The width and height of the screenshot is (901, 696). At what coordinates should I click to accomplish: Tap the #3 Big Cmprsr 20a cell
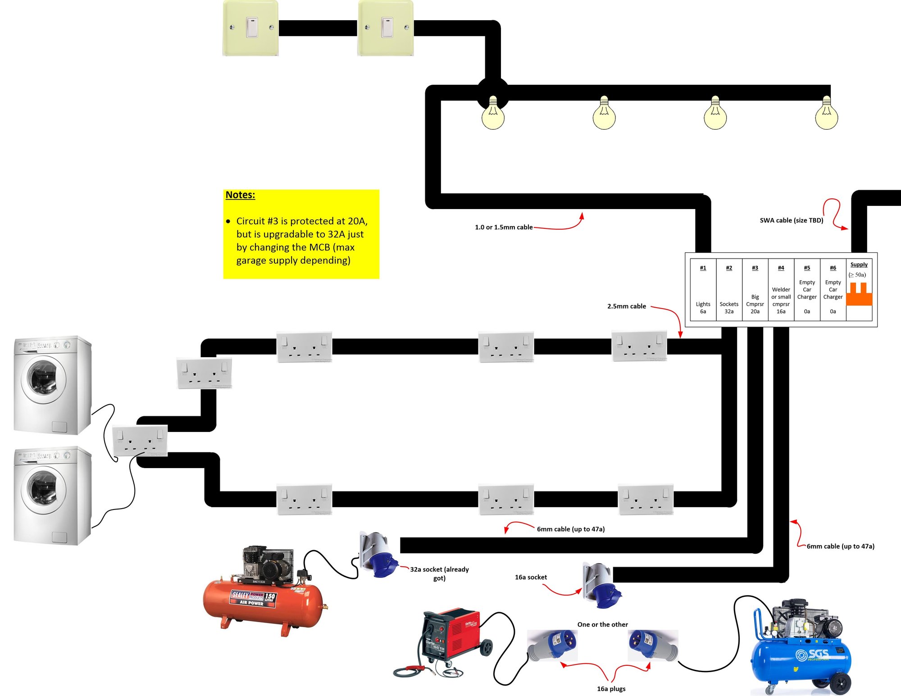(755, 290)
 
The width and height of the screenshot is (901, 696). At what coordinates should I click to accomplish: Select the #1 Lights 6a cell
(703, 290)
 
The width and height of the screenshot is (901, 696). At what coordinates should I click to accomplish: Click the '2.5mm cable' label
(626, 306)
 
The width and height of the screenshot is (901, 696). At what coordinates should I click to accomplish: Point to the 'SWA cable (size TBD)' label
(791, 220)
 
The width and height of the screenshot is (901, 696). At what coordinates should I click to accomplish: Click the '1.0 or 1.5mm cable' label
(504, 227)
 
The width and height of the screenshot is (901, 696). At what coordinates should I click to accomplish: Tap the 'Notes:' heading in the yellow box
(240, 195)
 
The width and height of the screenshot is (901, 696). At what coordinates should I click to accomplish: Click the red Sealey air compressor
(264, 590)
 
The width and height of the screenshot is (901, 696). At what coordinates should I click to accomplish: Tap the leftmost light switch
(250, 28)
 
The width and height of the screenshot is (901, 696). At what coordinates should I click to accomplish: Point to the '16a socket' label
(531, 578)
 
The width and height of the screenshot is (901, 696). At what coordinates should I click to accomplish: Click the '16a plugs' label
(611, 689)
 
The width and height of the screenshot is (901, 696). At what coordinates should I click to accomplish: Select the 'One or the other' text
(602, 624)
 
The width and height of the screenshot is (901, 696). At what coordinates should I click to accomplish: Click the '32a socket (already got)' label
(439, 573)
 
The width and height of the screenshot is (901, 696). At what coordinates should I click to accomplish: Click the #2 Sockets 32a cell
(729, 290)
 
